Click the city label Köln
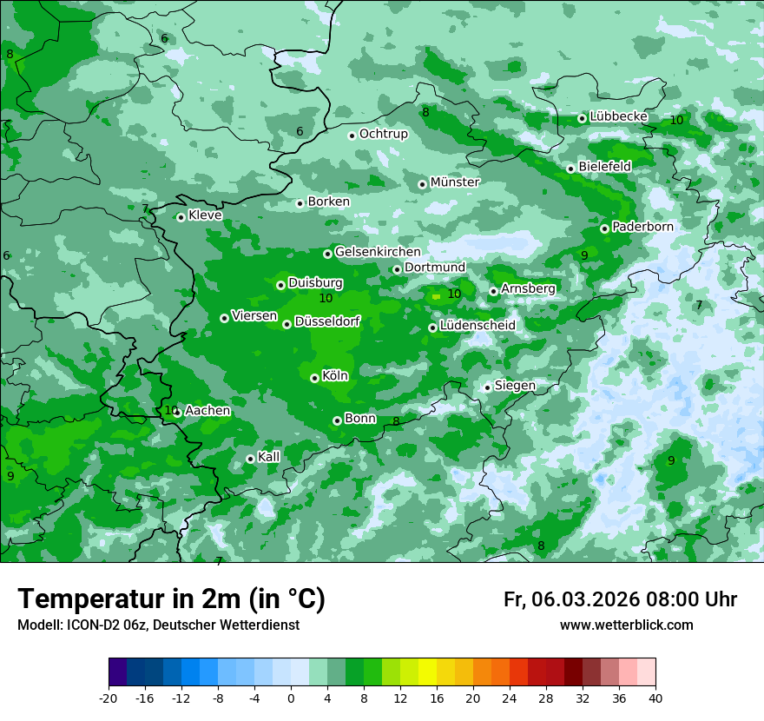[334, 376]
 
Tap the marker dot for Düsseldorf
[286, 324]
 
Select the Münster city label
[454, 182]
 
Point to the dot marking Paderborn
[604, 228]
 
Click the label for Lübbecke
[618, 116]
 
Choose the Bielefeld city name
[604, 166]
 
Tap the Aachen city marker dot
[177, 413]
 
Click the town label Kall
[268, 457]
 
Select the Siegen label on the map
[515, 386]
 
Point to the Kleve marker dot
[181, 217]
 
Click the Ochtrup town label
[383, 134]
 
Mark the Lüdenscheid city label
[477, 326]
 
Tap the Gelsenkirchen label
[378, 252]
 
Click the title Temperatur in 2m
[171, 599]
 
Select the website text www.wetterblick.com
[626, 625]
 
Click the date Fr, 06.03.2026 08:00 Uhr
[620, 599]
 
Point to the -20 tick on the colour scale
[109, 698]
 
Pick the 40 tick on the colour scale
[655, 698]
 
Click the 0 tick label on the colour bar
[291, 698]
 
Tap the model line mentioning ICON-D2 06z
[158, 625]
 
